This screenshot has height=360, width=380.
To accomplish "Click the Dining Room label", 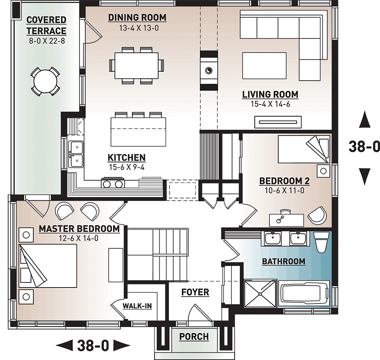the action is [x=137, y=18].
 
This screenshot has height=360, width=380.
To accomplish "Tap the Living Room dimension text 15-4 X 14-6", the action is [x=270, y=104].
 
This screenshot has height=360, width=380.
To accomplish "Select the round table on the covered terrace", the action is [x=45, y=81].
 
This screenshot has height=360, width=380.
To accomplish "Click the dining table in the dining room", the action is [x=136, y=65].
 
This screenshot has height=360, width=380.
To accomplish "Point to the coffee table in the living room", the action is [x=264, y=65].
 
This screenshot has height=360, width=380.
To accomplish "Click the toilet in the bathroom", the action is [x=320, y=242].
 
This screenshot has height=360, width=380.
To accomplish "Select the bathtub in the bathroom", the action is [x=304, y=294].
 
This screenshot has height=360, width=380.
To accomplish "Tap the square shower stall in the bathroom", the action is [x=260, y=294].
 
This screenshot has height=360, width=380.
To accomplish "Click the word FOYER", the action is [x=195, y=292].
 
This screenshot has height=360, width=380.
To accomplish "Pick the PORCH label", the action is [x=194, y=336].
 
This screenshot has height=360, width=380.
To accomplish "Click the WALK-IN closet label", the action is [x=137, y=306].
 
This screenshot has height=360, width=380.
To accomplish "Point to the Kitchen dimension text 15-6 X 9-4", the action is [x=127, y=167].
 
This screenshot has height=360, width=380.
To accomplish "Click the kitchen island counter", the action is [x=138, y=132].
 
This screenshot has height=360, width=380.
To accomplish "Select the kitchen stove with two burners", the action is [x=113, y=183].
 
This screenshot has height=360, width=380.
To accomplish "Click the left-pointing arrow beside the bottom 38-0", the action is [x=64, y=345].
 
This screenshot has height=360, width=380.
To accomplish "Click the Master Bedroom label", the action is [x=79, y=229].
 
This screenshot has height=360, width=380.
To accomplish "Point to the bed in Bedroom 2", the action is [x=304, y=149].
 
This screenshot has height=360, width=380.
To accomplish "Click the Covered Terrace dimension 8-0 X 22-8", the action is [x=47, y=41].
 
